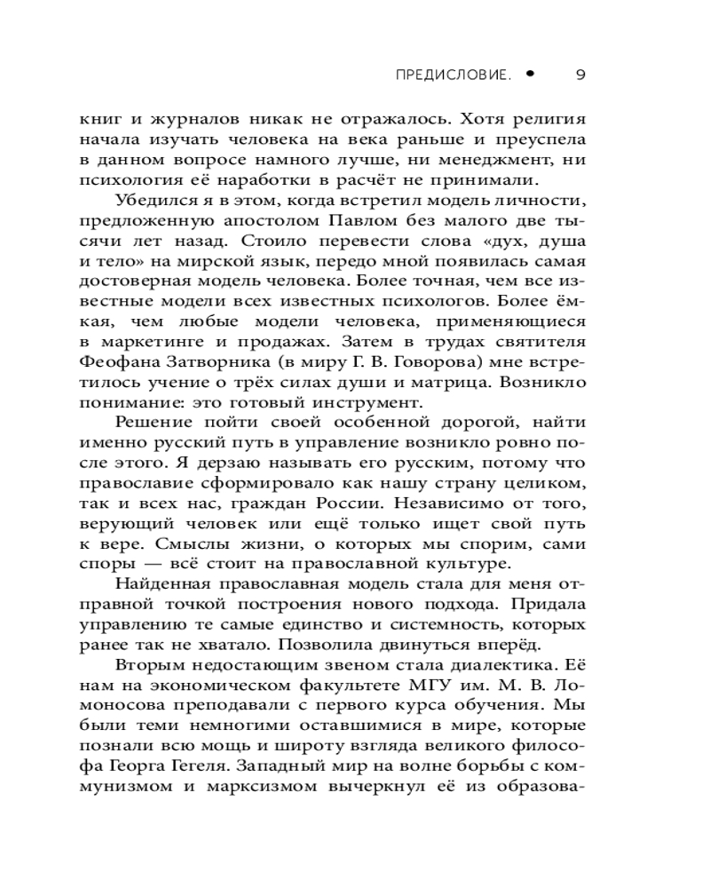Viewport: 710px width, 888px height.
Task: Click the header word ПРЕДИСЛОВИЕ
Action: coord(454,75)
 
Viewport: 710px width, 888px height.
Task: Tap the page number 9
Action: coord(580,75)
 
